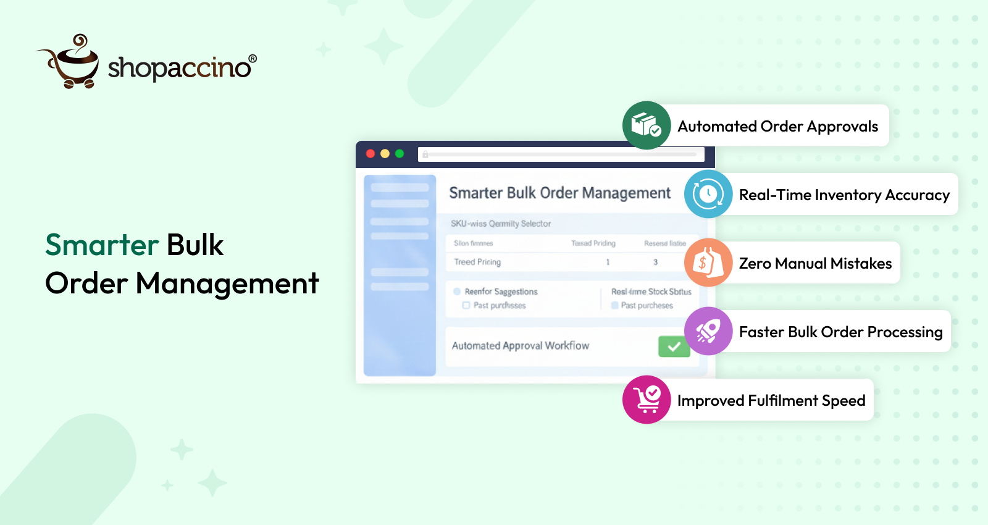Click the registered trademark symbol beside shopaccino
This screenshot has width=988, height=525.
253,59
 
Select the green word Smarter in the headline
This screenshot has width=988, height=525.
103,245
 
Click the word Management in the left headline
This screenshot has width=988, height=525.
227,284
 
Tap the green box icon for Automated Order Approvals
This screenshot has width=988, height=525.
647,125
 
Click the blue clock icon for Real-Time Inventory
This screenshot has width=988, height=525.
708,194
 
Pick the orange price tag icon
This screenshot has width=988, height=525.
708,262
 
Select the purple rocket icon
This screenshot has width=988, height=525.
708,331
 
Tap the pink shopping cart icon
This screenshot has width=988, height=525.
647,400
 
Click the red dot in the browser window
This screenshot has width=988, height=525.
371,154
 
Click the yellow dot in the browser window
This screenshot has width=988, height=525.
385,154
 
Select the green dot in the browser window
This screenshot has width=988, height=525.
400,154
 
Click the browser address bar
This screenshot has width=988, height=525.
561,154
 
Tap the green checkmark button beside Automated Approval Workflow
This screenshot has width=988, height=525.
674,346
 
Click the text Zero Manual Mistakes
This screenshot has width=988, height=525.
815,264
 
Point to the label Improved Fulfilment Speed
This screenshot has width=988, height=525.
771,401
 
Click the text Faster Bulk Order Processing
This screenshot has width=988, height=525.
840,332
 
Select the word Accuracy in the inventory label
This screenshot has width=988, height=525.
917,195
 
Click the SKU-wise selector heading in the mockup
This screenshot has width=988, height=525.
501,224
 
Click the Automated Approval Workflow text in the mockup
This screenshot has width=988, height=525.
521,346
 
